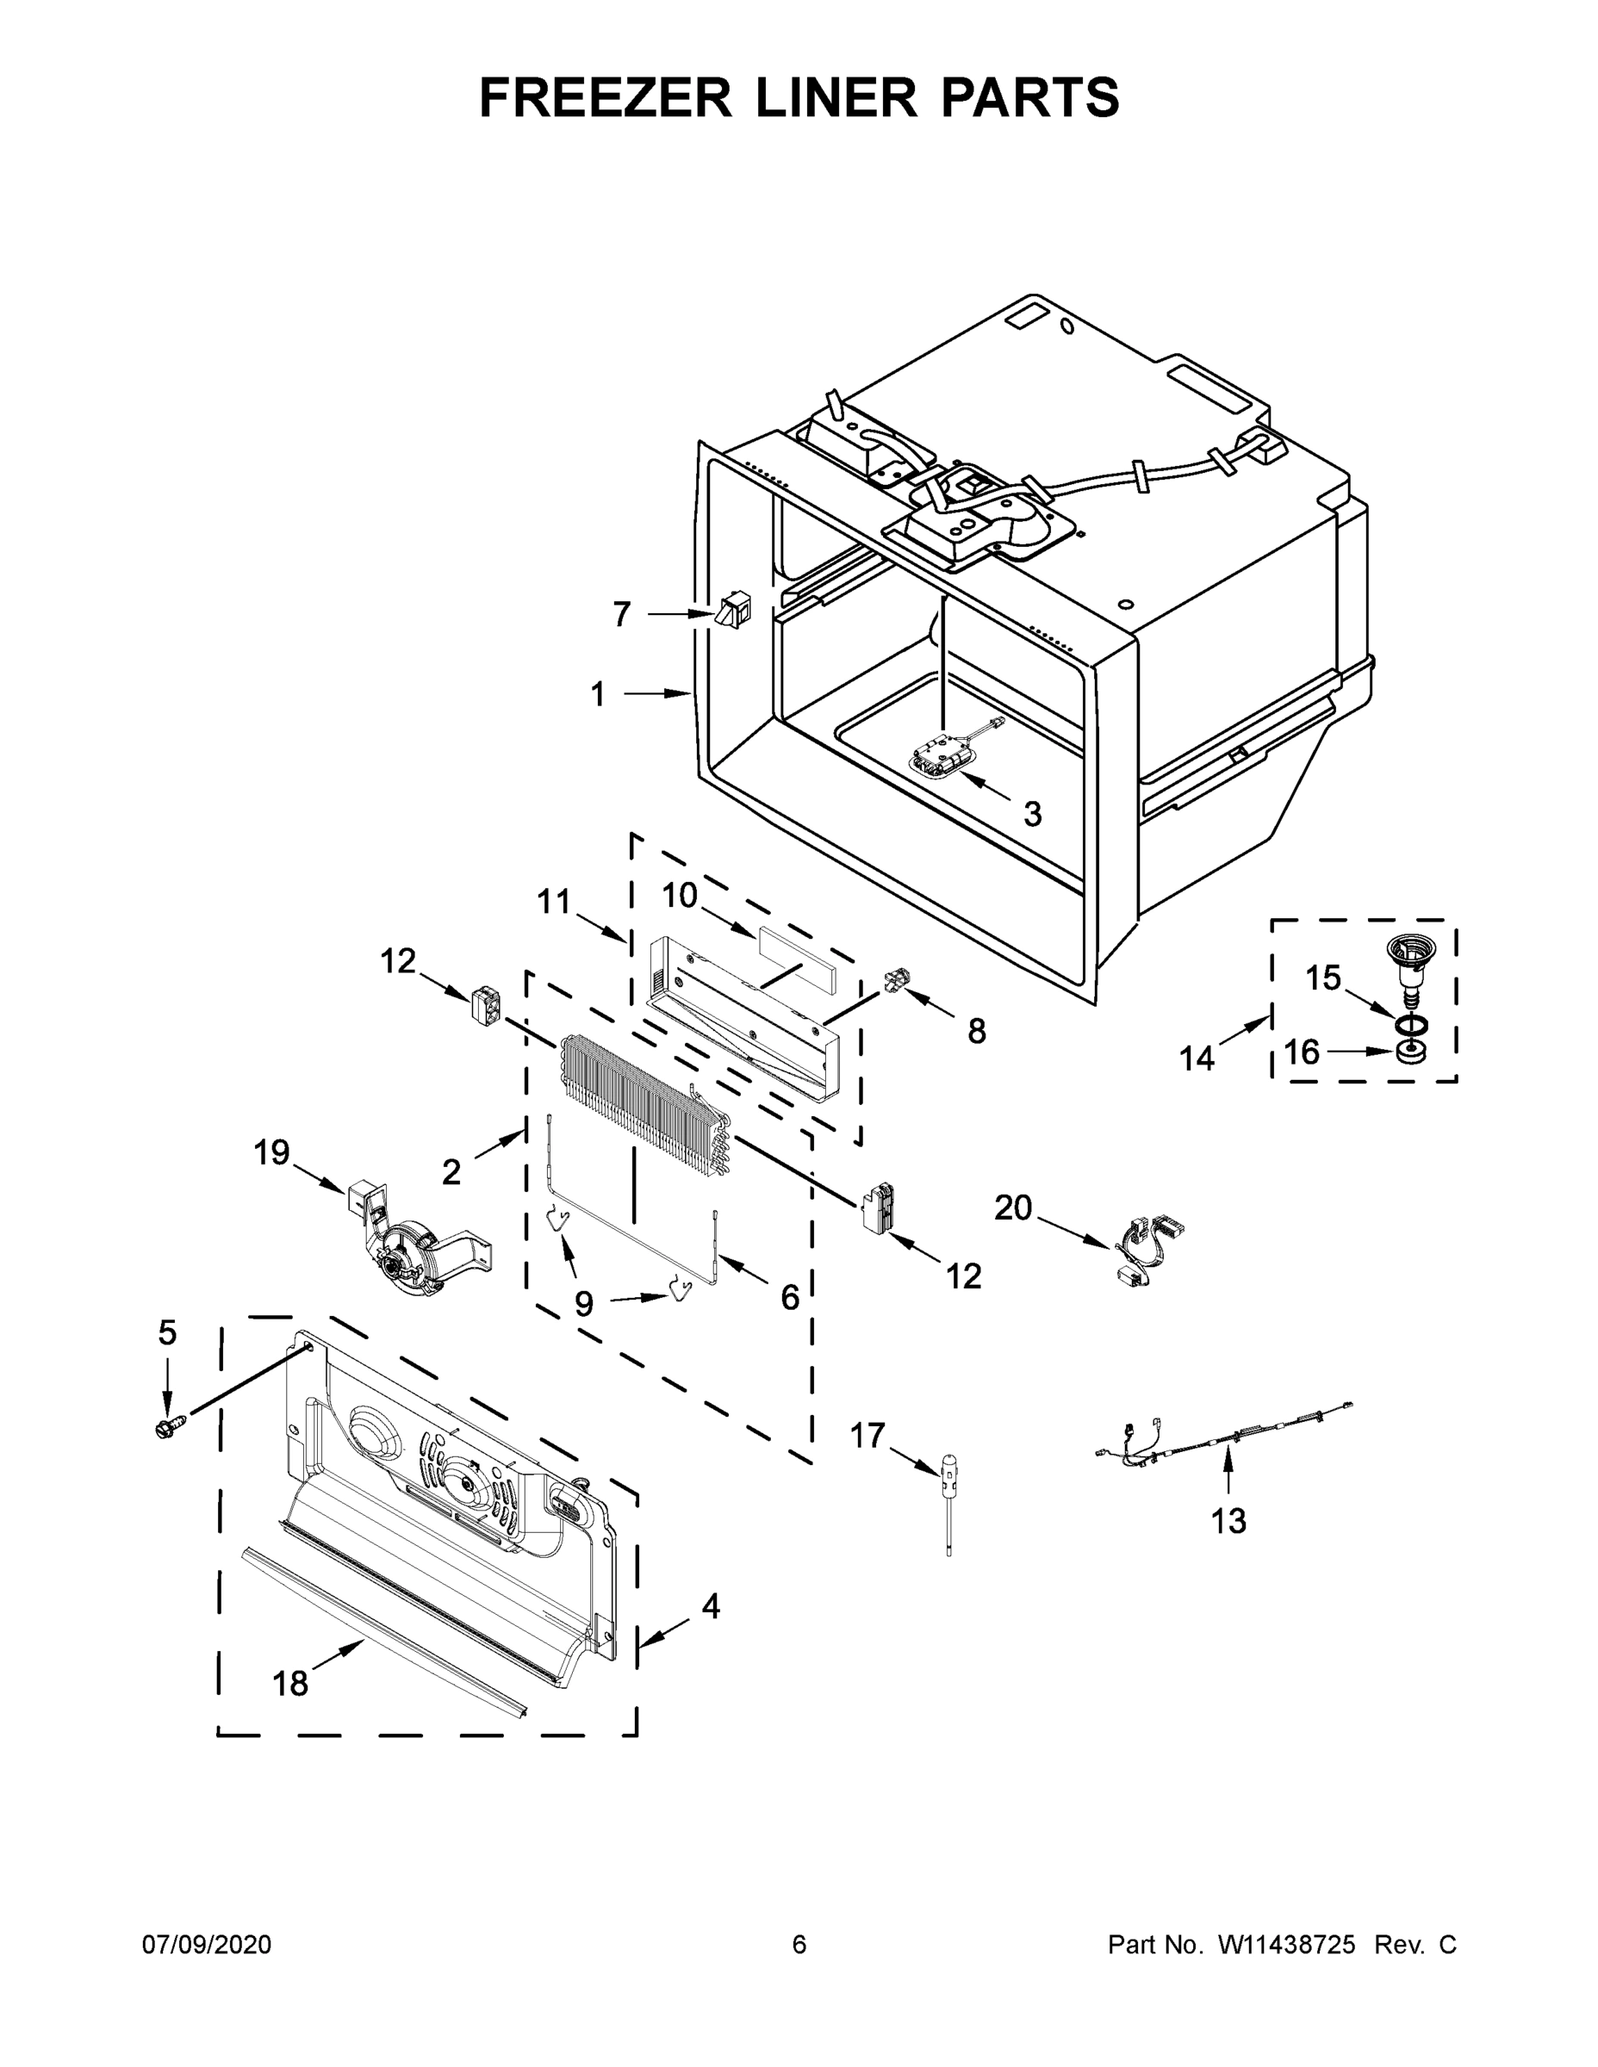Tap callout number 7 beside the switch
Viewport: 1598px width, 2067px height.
[621, 615]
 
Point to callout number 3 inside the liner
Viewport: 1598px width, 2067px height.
[1032, 814]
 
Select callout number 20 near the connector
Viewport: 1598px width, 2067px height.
[1012, 1208]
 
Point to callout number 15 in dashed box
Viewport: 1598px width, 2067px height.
[1323, 978]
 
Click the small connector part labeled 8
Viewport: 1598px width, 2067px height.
[894, 984]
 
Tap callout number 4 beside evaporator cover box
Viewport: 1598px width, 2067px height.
[710, 1606]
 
